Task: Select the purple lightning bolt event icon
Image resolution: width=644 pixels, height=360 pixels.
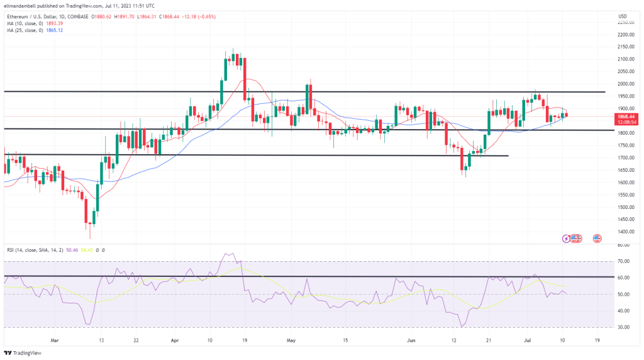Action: (x=567, y=239)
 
